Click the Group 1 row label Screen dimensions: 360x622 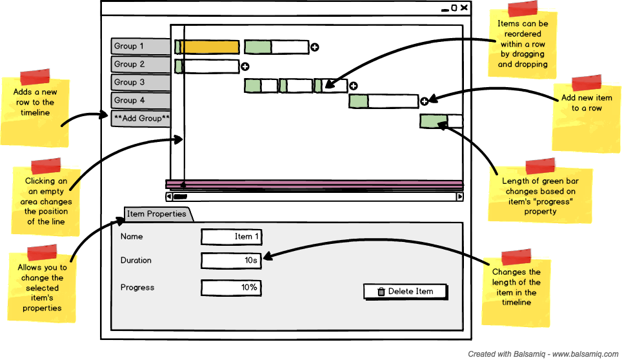click(x=141, y=46)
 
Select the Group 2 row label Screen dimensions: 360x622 click(x=141, y=65)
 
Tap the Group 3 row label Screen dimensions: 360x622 click(x=141, y=83)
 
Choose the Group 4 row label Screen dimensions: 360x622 click(x=141, y=101)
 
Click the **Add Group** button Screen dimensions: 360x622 click(x=141, y=119)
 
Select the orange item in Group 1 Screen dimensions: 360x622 click(x=209, y=47)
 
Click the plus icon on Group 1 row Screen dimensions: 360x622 click(x=315, y=47)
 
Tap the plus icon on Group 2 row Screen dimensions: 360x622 click(x=245, y=66)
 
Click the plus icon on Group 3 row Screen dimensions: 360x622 click(x=354, y=86)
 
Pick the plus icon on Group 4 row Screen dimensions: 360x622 click(x=424, y=101)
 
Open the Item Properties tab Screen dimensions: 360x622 click(x=157, y=214)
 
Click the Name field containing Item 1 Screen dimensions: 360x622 click(x=231, y=237)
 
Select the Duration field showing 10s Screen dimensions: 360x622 click(x=231, y=261)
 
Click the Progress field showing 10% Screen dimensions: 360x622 click(x=231, y=288)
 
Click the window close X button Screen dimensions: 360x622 click(x=464, y=8)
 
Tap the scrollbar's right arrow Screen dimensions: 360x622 click(x=460, y=197)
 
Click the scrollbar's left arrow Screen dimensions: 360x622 click(x=169, y=197)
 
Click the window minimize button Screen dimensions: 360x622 click(x=445, y=8)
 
